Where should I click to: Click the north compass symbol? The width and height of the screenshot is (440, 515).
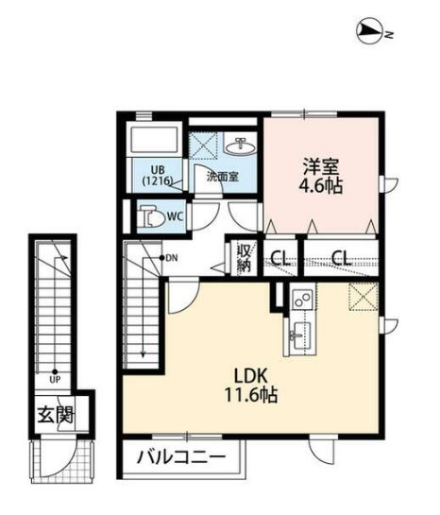[371, 32]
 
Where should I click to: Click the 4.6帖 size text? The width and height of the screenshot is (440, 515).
[319, 185]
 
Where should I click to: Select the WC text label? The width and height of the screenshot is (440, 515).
[175, 216]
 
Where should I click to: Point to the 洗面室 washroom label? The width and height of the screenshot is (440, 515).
[223, 176]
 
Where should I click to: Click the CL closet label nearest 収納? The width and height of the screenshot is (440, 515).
[279, 257]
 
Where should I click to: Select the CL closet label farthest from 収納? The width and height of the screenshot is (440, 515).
[341, 257]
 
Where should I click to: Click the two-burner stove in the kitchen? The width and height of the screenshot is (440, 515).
[302, 300]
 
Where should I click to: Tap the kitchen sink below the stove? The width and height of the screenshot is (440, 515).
[301, 333]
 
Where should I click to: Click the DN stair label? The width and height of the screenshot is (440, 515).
[170, 257]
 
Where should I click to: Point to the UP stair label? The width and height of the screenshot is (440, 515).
[55, 381]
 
